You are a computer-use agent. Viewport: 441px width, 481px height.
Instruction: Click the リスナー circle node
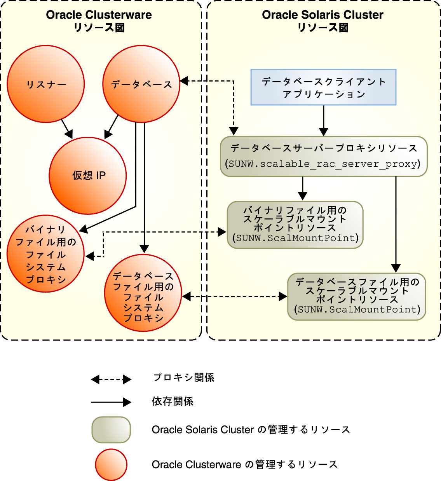click(46, 84)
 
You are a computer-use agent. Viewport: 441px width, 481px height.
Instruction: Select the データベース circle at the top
click(141, 84)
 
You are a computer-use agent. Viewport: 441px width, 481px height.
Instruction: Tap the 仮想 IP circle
click(88, 176)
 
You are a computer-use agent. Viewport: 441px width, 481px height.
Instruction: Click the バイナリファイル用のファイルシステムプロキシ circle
click(46, 254)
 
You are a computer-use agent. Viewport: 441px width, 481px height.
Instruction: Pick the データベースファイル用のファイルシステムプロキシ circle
click(143, 293)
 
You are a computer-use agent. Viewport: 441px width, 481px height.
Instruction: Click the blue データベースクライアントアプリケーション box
click(323, 87)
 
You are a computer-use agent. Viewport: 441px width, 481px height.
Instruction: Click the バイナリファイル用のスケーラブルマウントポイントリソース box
click(295, 225)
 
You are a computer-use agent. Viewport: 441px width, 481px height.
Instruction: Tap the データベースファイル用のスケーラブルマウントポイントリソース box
click(357, 296)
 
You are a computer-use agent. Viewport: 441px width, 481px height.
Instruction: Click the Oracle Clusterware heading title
click(99, 15)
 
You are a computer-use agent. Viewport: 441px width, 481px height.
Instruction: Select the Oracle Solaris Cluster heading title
click(322, 15)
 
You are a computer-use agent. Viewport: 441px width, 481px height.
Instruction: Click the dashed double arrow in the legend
click(111, 380)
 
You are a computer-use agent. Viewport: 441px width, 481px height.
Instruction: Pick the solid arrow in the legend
click(111, 402)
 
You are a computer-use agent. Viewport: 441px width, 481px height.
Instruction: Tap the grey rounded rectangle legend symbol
click(111, 430)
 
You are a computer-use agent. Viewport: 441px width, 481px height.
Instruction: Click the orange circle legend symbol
click(111, 465)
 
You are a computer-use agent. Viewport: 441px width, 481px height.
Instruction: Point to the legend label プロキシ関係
click(183, 378)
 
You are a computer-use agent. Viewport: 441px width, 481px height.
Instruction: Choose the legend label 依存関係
click(173, 401)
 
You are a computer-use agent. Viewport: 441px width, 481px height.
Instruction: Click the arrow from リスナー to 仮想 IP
click(67, 129)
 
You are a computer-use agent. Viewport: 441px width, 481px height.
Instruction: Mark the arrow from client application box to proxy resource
click(323, 120)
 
